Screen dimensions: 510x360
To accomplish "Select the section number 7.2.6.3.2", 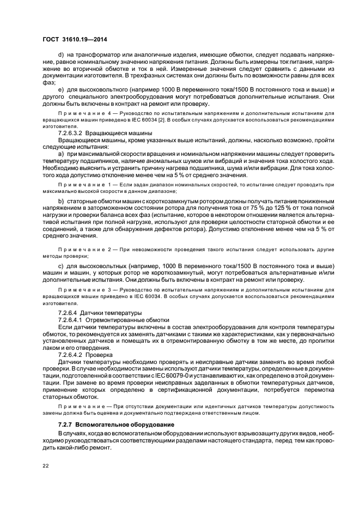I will coord(74,133).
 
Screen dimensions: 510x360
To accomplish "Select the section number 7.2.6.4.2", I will coord(74,355).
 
